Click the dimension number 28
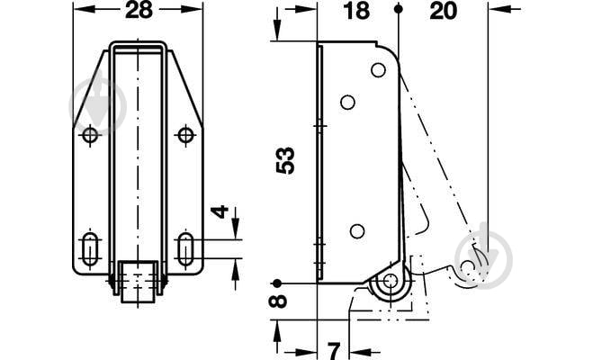point(139,10)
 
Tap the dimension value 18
point(356,11)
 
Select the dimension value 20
point(444,11)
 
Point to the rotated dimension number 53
point(285,160)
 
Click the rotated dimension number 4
point(220,211)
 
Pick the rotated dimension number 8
point(278,301)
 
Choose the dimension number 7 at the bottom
point(334,351)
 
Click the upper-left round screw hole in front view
point(90,135)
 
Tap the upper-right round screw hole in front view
point(185,135)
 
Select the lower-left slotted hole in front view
point(90,249)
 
